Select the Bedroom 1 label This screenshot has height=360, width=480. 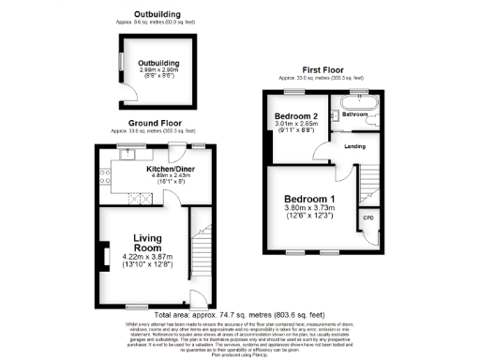[x=310, y=199]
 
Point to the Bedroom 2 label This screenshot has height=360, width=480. [x=297, y=115]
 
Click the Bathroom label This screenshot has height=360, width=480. [x=353, y=113]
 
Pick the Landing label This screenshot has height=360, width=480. [x=354, y=147]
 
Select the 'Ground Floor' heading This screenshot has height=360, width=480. [x=155, y=123]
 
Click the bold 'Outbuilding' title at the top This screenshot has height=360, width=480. [x=157, y=13]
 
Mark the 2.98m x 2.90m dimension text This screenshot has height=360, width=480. [x=157, y=70]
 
